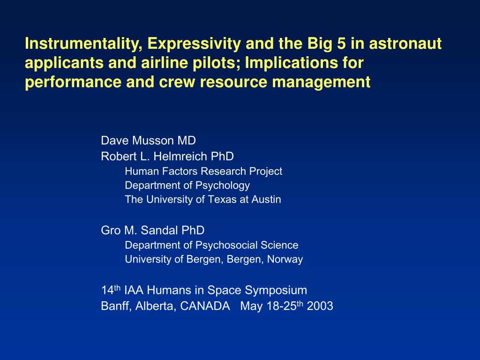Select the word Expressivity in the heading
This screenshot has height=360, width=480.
coord(194,44)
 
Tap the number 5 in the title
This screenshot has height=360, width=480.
coord(341,44)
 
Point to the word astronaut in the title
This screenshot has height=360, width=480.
coord(405,44)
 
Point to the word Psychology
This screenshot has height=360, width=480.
coord(223,186)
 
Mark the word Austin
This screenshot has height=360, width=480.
coord(266,199)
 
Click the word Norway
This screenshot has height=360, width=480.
coord(285,259)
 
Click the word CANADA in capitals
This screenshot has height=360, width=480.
coord(205,306)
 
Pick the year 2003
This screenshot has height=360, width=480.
coord(320,306)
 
